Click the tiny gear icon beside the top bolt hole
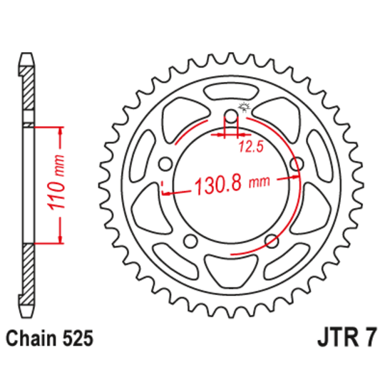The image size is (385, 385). point(247,108)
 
